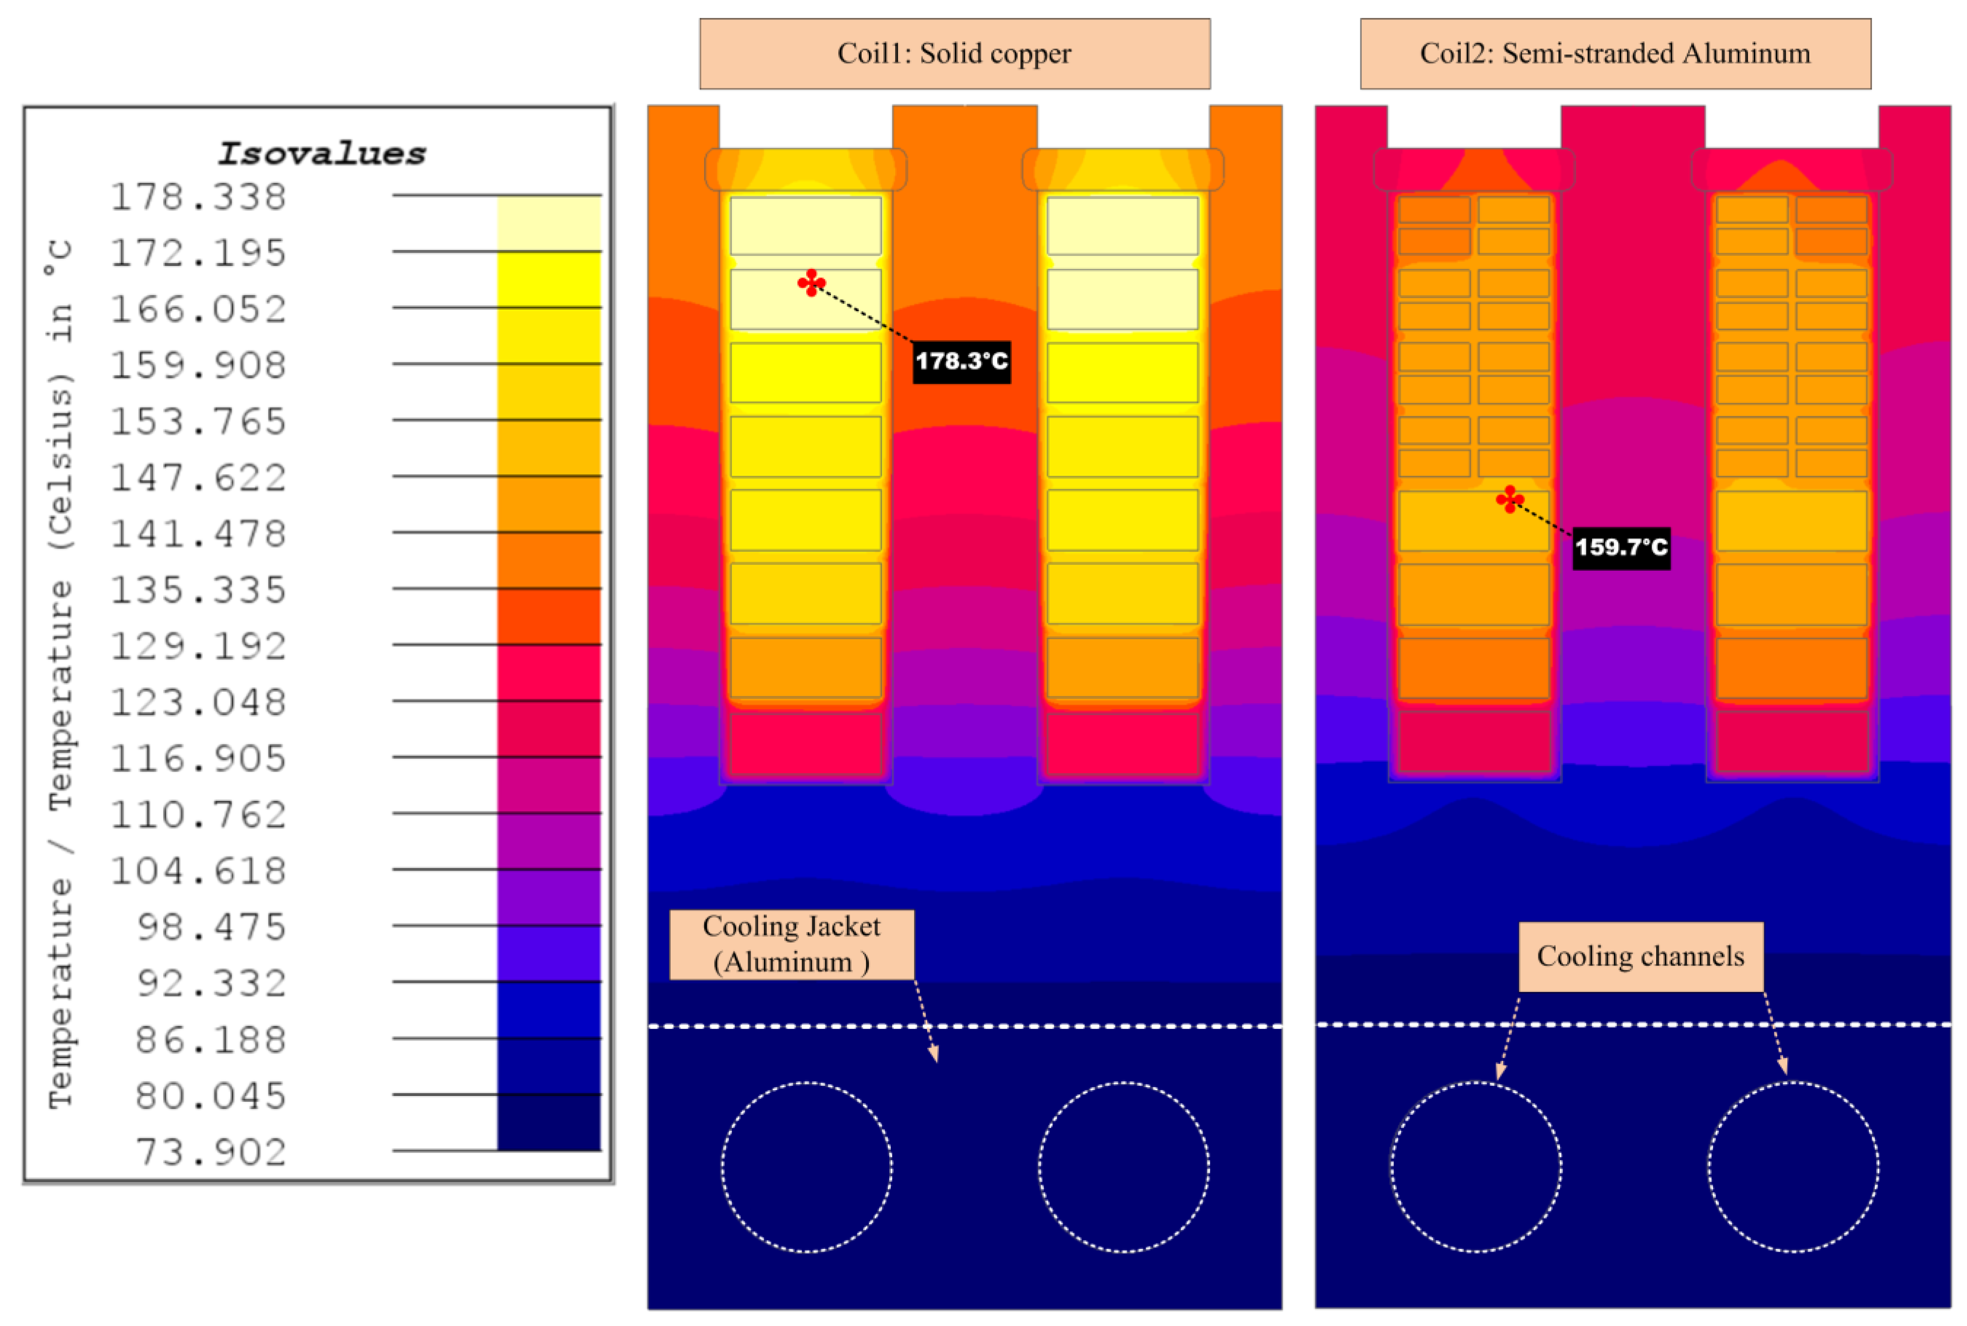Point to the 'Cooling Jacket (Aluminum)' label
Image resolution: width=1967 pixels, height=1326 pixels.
coord(791,945)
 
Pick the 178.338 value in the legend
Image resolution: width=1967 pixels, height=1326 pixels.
coord(199,197)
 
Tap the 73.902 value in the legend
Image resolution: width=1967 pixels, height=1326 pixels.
coord(211,1152)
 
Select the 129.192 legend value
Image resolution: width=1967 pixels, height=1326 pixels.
coord(199,646)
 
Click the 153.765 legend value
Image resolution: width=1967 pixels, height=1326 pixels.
coord(199,421)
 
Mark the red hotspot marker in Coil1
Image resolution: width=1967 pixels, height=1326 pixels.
coord(812,282)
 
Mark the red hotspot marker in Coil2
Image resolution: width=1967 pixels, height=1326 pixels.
coord(1509,499)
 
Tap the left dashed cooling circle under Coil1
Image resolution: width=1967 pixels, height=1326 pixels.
coord(806,1167)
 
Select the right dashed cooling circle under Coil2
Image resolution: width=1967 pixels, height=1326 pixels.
coord(1793,1167)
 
